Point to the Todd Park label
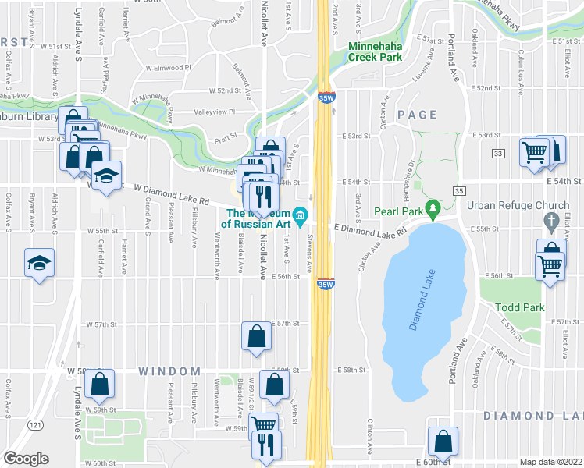pyautogui.click(x=520, y=307)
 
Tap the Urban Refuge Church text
pyautogui.click(x=518, y=206)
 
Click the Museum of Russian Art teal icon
pyautogui.click(x=301, y=214)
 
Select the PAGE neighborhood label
pyautogui.click(x=417, y=115)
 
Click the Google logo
pyautogui.click(x=26, y=459)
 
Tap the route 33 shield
pyautogui.click(x=498, y=155)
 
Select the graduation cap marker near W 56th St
pyautogui.click(x=38, y=263)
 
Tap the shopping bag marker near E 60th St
pyautogui.click(x=443, y=441)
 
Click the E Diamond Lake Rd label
pyautogui.click(x=371, y=229)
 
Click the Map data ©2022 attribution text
pyautogui.click(x=550, y=462)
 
